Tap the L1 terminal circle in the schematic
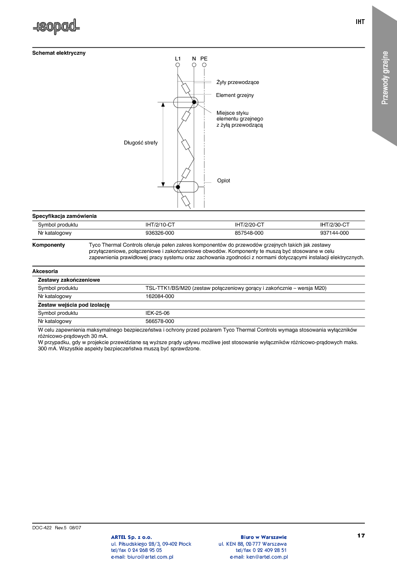(x=178, y=65)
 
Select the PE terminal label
(x=204, y=59)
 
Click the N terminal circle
(x=194, y=65)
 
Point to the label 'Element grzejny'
(x=235, y=95)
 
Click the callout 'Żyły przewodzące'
(x=238, y=83)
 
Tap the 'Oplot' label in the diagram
(x=223, y=180)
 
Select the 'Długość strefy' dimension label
(x=141, y=143)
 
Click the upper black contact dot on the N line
(x=194, y=102)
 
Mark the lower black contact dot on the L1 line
(x=178, y=187)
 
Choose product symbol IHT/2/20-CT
(x=249, y=225)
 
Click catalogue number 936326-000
(x=159, y=233)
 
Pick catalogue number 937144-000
(x=335, y=233)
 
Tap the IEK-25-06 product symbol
(x=157, y=313)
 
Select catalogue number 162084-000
(x=159, y=296)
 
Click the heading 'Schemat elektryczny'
(x=59, y=53)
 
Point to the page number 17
(x=361, y=535)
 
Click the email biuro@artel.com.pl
(x=142, y=557)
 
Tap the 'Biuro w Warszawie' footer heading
(x=264, y=537)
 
